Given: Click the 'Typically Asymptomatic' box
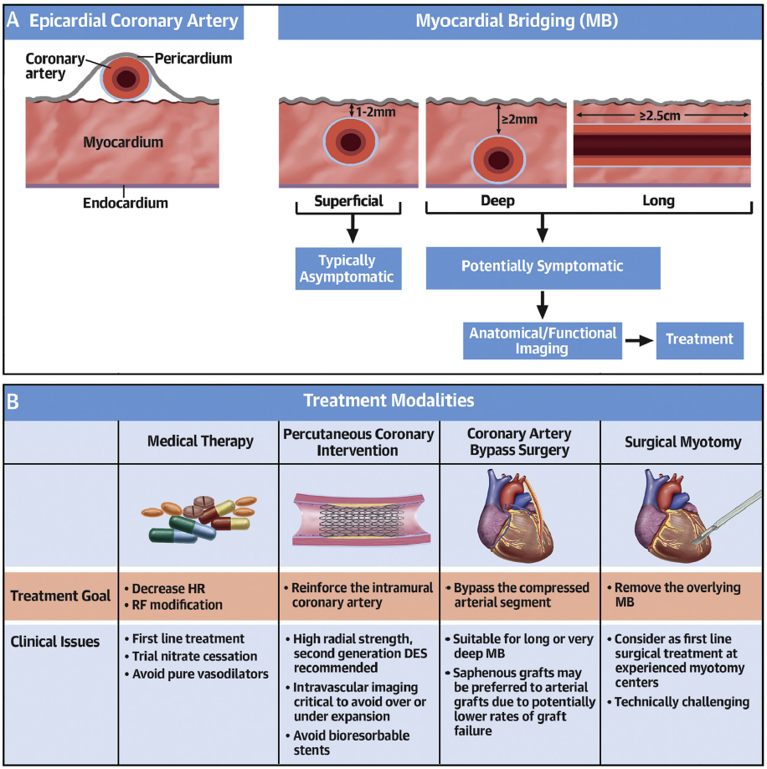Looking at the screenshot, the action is (348, 268).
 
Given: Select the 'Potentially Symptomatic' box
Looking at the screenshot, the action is (543, 268).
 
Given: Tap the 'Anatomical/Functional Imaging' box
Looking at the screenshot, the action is (542, 341).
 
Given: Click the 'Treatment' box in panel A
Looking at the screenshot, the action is (699, 341).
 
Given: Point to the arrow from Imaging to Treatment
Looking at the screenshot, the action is (639, 341).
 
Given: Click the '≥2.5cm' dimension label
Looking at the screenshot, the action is (660, 116).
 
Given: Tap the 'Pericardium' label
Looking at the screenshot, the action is (193, 59).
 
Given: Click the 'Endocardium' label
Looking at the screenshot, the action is (126, 203).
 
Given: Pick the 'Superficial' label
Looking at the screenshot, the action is (348, 201).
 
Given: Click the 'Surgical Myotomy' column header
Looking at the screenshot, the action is (682, 441).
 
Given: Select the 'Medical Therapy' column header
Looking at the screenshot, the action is (200, 441).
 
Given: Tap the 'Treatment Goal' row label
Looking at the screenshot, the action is (60, 596).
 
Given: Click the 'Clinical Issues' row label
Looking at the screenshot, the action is (55, 642).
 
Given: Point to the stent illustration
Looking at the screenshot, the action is (361, 520).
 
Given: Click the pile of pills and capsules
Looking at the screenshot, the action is (199, 519).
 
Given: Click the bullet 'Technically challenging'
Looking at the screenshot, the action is (678, 702).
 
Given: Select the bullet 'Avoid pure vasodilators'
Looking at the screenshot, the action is (197, 674).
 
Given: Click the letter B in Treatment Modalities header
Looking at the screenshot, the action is (13, 401).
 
